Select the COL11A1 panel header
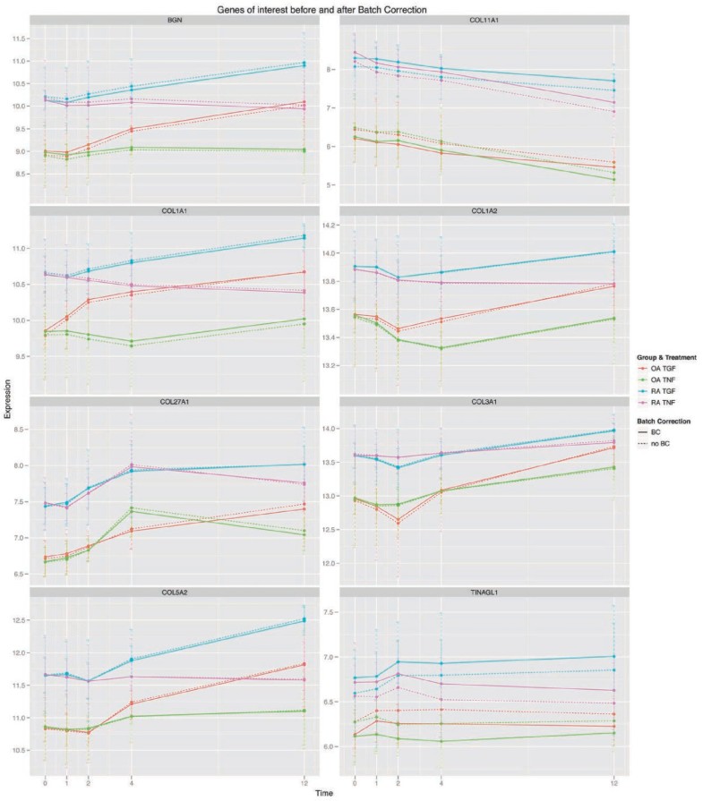coord(483,21)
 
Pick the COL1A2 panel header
coord(483,211)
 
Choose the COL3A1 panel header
coord(483,402)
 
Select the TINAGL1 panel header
coord(483,592)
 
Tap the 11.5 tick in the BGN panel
coord(17,39)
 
